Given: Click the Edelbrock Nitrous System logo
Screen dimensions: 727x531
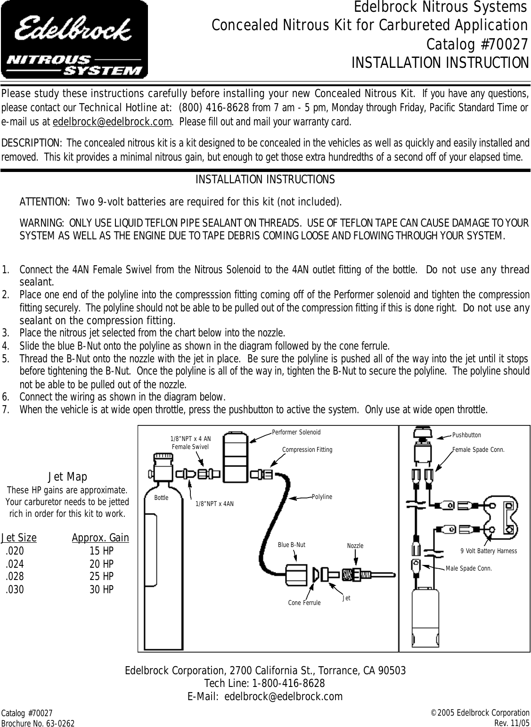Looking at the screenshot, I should [x=74, y=40].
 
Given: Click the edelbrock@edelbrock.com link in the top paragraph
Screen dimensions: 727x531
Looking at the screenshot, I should [x=112, y=123].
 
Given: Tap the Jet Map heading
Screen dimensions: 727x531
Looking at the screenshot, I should [x=67, y=477].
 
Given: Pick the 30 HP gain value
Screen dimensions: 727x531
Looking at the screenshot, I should [x=101, y=589].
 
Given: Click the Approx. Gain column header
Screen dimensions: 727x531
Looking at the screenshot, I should [x=100, y=538].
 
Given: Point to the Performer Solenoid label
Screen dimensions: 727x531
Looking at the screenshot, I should [x=296, y=432].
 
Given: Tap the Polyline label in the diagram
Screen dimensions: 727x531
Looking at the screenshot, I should [x=322, y=497].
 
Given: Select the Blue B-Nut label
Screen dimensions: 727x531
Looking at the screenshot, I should [x=291, y=545].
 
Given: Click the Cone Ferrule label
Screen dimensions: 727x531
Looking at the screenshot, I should [x=304, y=603].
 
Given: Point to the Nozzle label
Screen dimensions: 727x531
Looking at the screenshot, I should [x=355, y=546].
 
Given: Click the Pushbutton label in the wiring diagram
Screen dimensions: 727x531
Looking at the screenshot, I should [x=466, y=435].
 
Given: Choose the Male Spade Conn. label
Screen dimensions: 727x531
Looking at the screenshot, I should [x=468, y=568].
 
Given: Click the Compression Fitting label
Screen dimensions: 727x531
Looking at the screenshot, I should [x=307, y=449].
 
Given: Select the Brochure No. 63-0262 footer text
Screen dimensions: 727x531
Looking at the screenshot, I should [x=37, y=722].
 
